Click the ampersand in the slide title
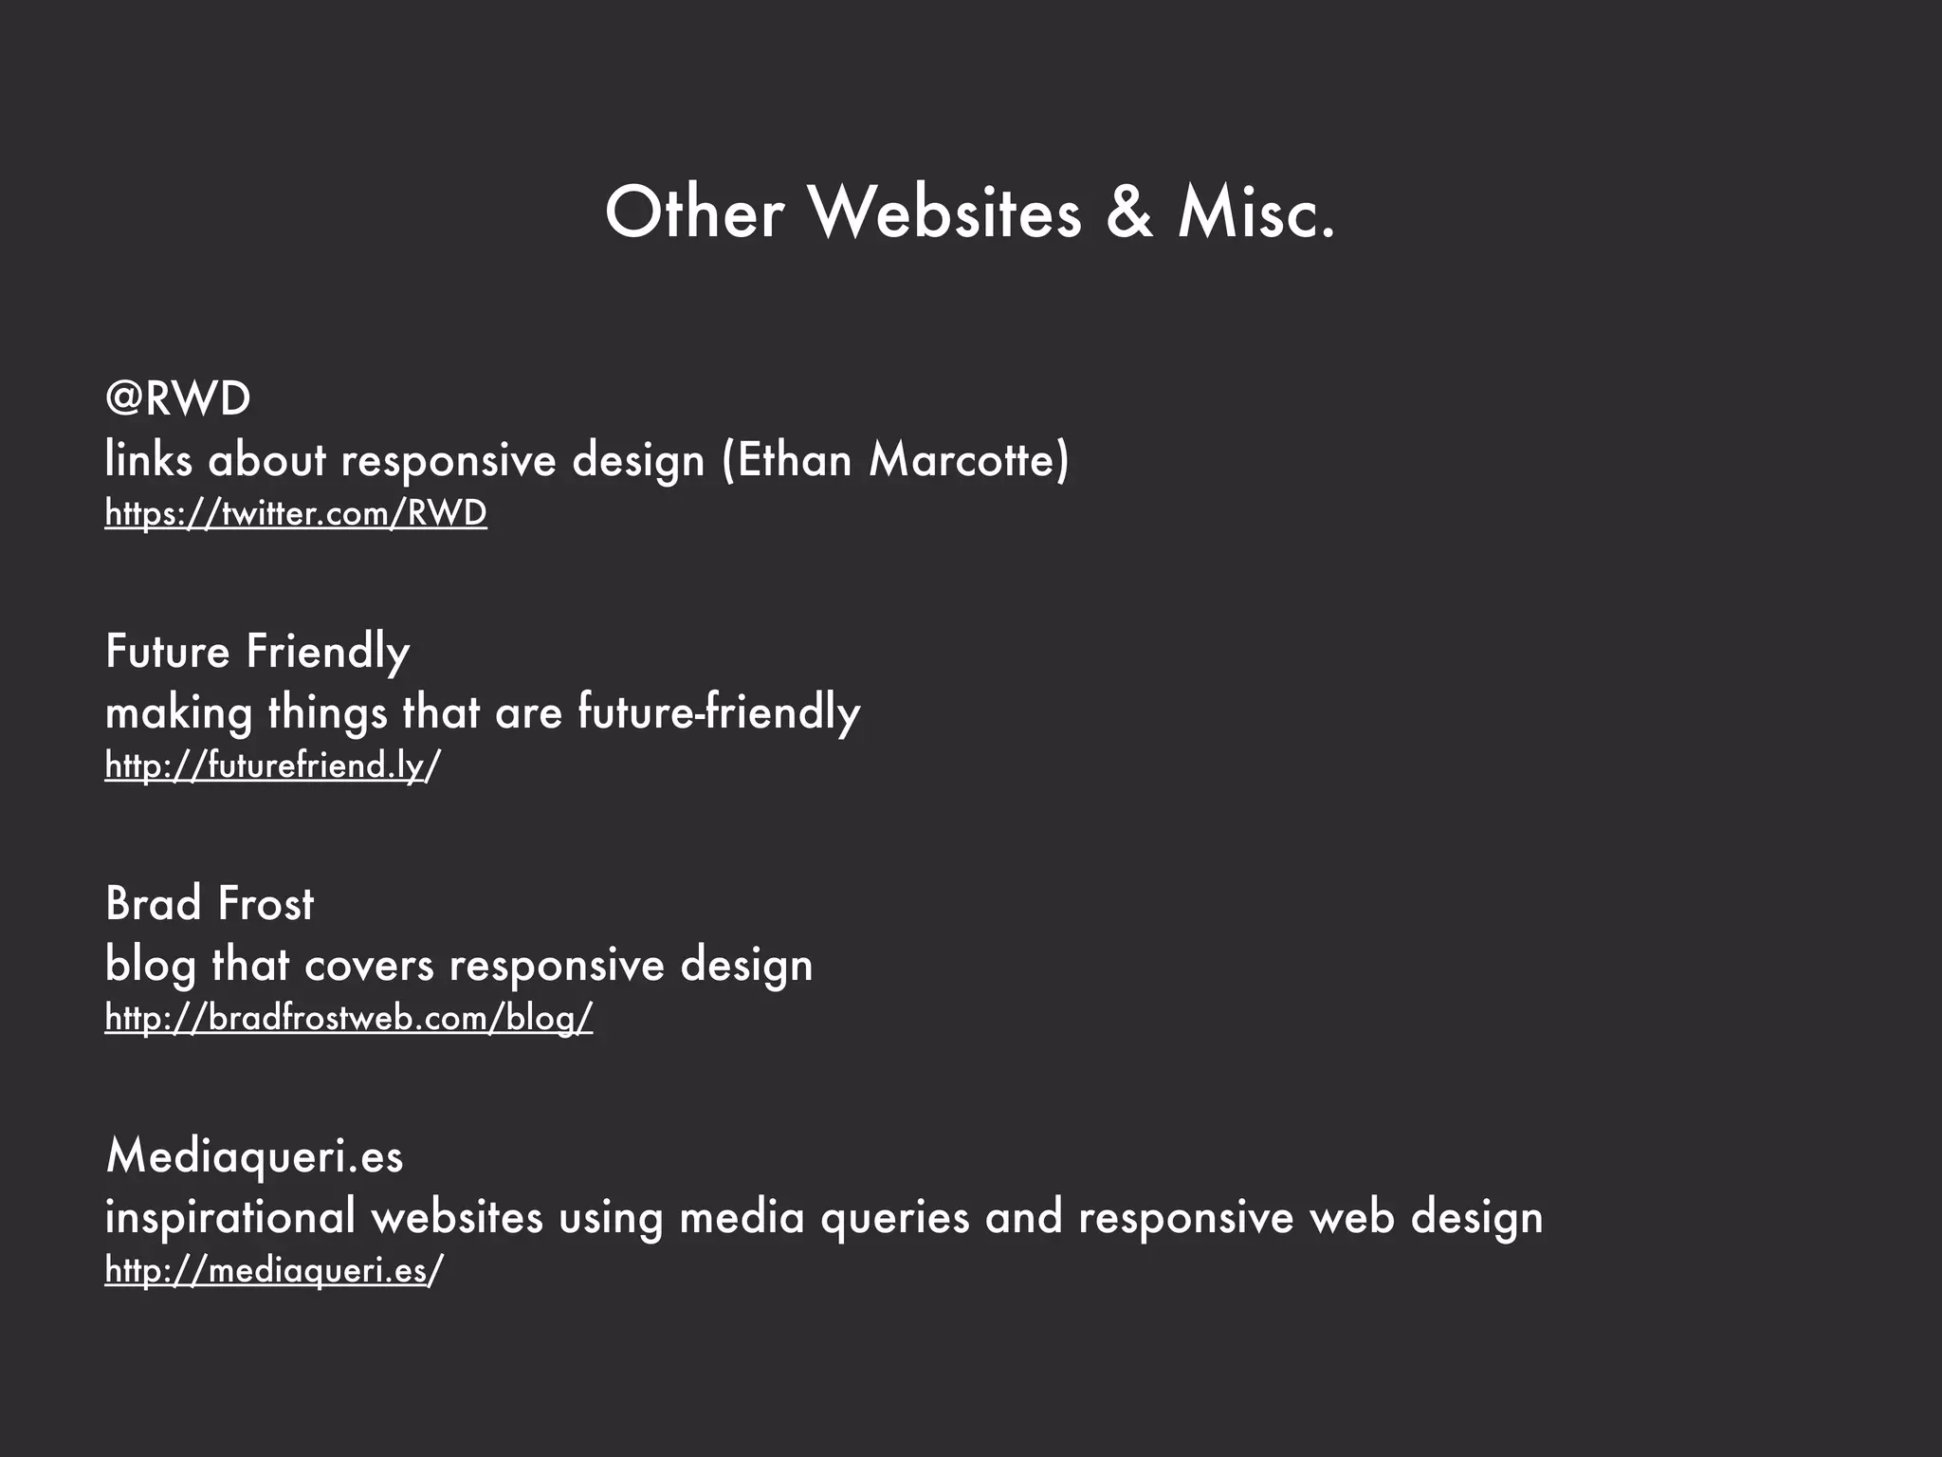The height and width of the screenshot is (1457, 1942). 1129,212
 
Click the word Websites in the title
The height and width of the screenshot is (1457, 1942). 944,212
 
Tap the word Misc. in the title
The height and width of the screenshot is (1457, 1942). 1256,212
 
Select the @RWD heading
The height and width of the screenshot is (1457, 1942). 178,398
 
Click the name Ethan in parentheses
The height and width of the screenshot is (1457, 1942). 794,460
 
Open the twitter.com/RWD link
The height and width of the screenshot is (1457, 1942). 296,513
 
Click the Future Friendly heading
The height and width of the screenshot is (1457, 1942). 257,652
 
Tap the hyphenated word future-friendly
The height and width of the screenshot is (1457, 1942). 719,712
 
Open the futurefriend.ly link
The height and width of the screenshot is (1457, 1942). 273,765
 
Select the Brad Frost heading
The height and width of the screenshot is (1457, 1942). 210,904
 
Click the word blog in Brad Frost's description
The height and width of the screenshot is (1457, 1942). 150,966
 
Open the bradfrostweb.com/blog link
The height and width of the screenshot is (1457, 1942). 349,1018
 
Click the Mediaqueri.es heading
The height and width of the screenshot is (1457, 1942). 254,1156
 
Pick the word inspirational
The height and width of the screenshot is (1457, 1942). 230,1217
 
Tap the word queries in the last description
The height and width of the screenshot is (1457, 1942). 894,1217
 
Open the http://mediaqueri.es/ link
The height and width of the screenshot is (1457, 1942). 274,1270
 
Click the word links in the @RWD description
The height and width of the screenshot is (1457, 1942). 148,460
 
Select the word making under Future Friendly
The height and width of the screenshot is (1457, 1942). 178,712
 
